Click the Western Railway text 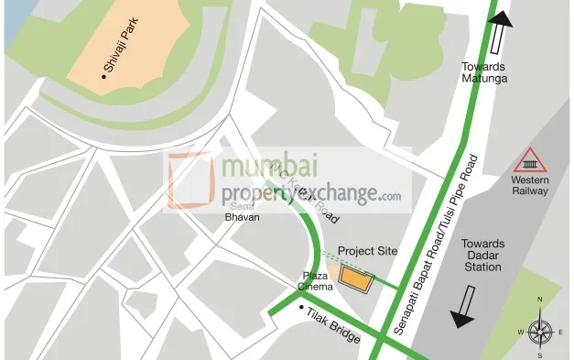(x=530, y=186)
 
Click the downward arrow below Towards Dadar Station (x=463, y=306)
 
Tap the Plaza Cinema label (x=314, y=281)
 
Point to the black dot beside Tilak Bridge (x=301, y=307)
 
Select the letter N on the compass (x=540, y=300)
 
